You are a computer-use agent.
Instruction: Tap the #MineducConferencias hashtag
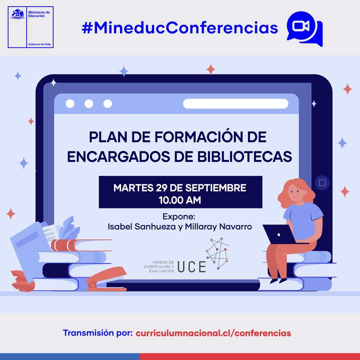(x=180, y=27)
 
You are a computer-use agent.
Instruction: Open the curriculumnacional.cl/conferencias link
(x=213, y=332)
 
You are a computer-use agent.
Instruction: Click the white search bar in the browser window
(x=235, y=104)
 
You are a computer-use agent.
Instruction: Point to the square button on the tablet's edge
(x=322, y=183)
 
